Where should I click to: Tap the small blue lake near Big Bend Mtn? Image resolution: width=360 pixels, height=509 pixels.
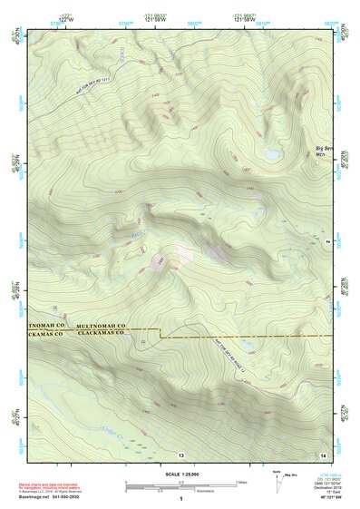coord(272,154)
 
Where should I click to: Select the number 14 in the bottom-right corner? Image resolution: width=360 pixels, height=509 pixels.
coord(324,452)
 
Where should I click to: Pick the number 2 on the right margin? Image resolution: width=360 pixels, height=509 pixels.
coord(326,242)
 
